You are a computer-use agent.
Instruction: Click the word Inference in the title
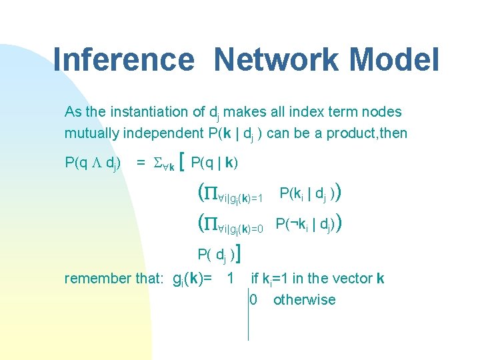[x=123, y=59]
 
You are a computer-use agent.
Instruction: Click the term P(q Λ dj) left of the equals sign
[x=93, y=162]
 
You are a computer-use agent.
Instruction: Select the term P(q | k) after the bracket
[x=215, y=162]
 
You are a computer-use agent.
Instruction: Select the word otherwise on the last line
[x=304, y=299]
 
